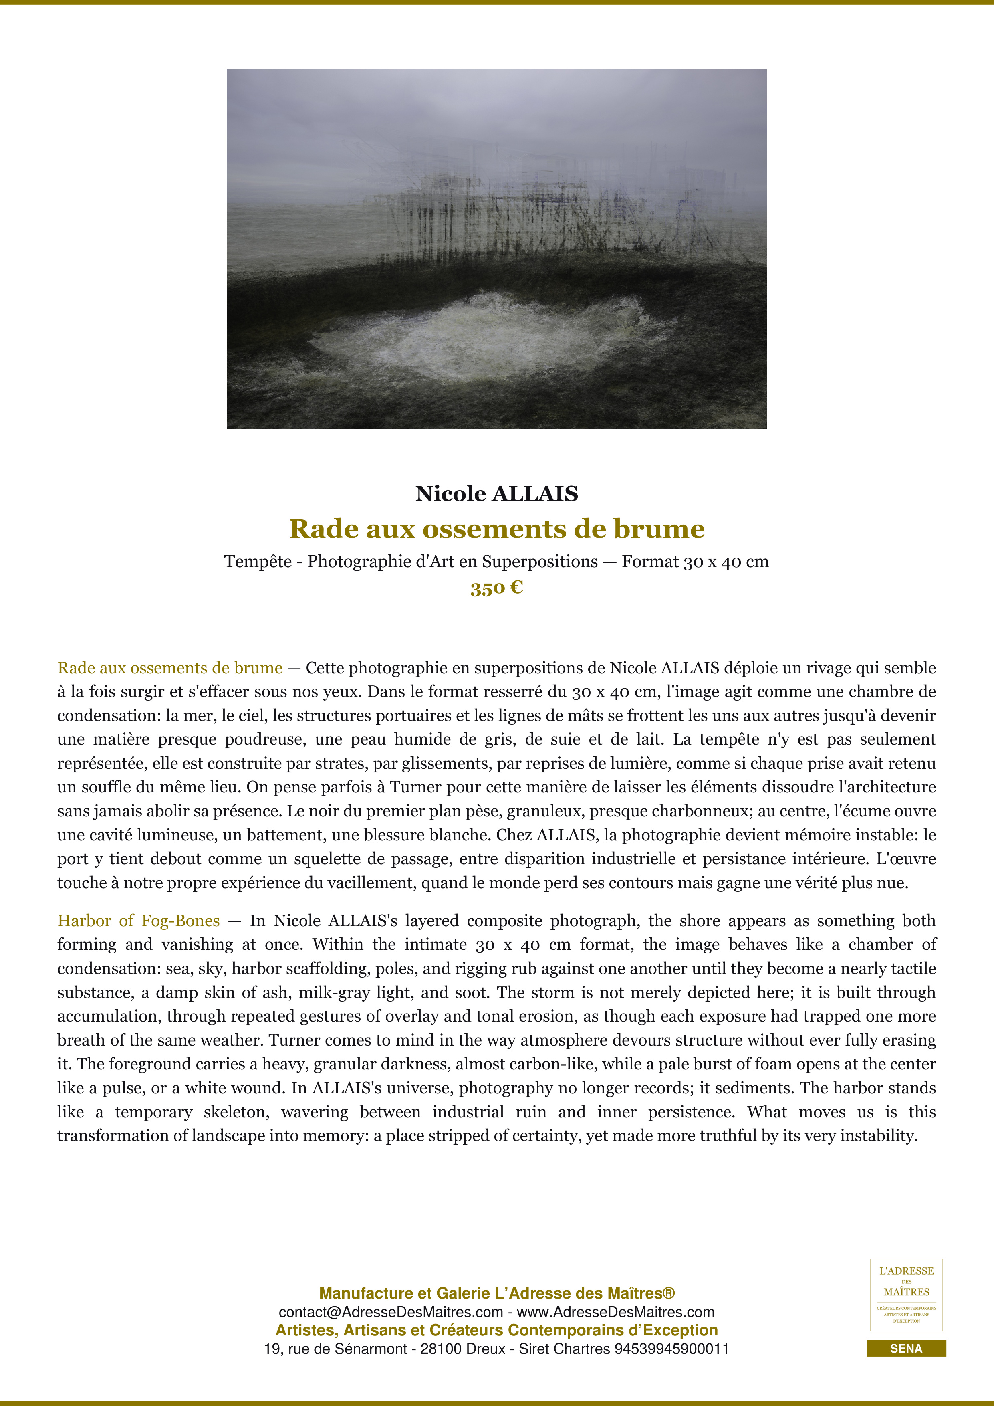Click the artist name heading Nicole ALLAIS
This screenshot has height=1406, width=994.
(x=496, y=493)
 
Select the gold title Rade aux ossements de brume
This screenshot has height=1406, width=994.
(x=496, y=529)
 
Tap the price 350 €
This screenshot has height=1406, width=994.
(x=496, y=588)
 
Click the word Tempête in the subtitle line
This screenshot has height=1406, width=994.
(x=258, y=562)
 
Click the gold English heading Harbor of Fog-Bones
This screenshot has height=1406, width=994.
(x=138, y=921)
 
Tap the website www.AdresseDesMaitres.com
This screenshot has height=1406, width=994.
(x=615, y=1312)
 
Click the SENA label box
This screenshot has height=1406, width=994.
(x=906, y=1348)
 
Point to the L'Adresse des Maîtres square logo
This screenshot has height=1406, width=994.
(x=906, y=1295)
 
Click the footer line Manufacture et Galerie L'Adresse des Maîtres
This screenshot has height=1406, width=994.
(x=496, y=1293)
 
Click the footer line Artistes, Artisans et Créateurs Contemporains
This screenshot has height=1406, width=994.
(x=496, y=1330)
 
